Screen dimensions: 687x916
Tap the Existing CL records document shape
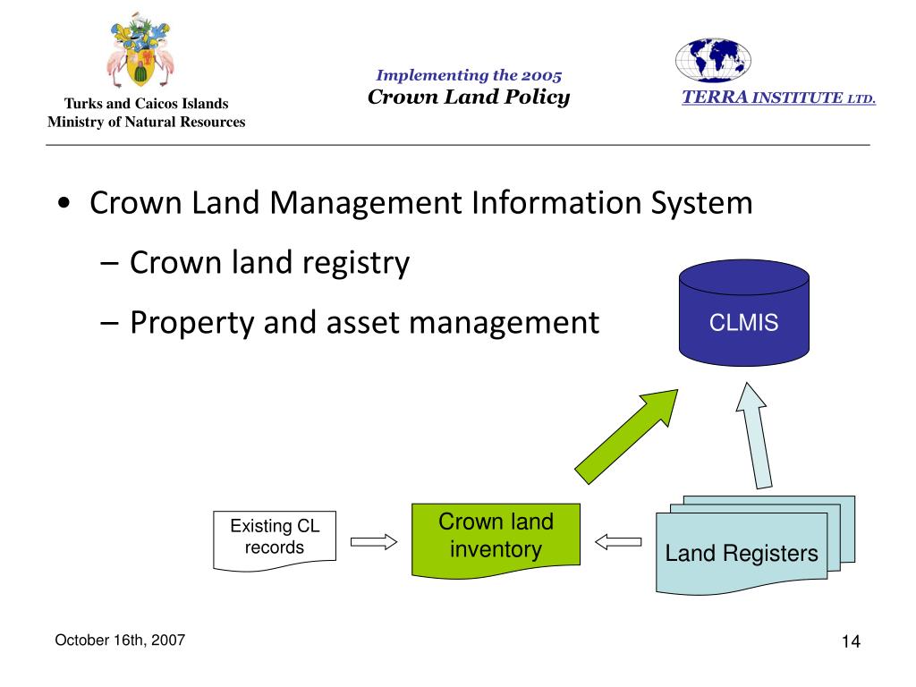274,539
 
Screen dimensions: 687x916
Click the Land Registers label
741,554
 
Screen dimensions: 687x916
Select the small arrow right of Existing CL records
373,541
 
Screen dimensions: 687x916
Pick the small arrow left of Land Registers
618,541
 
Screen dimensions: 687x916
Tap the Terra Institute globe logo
712,60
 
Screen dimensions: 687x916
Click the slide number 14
850,642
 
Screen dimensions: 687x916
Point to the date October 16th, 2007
120,640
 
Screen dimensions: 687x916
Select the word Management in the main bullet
372,203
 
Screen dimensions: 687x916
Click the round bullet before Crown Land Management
64,204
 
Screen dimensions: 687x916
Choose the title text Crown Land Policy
469,98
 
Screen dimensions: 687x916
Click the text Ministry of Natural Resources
146,122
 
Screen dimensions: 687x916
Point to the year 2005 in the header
541,76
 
